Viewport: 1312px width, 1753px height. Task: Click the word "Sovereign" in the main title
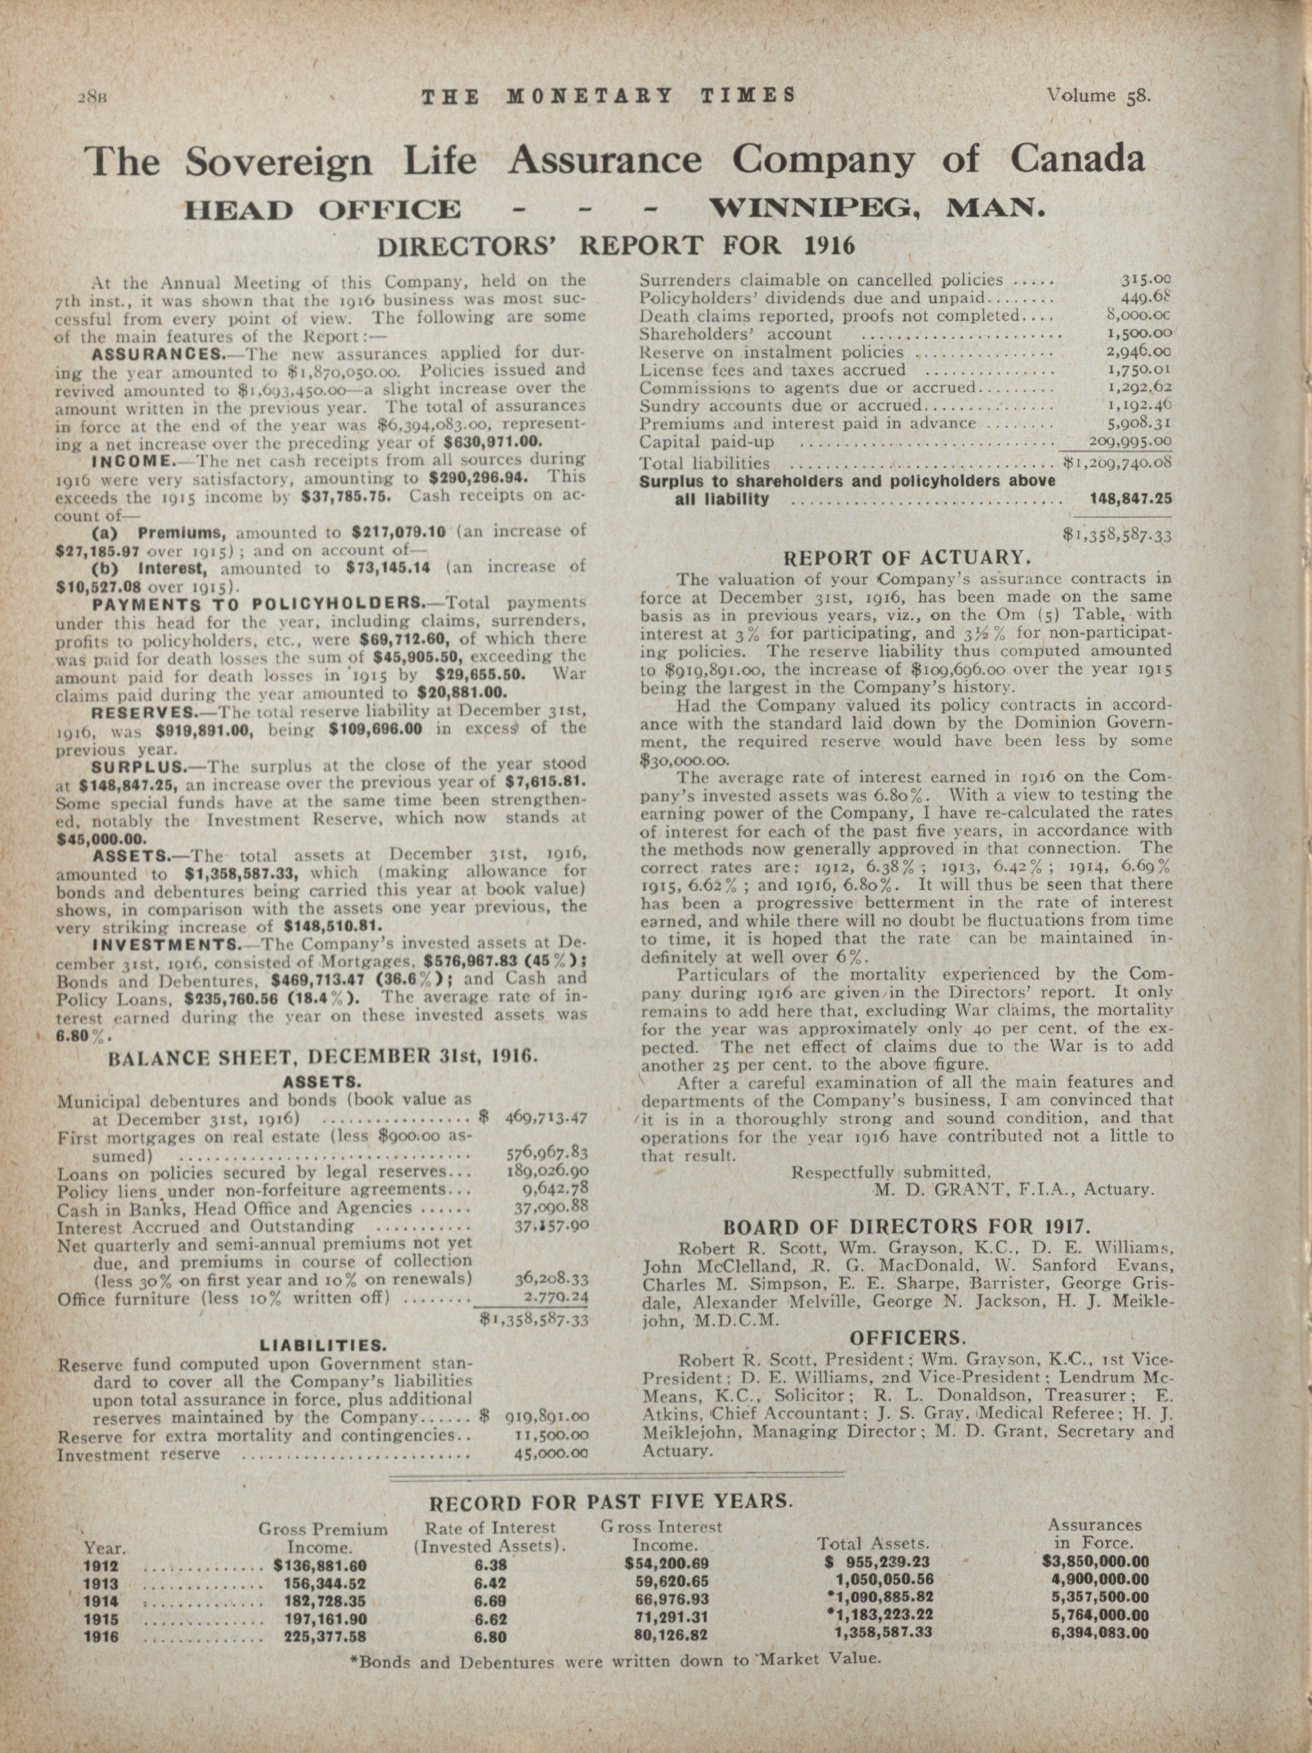(x=279, y=161)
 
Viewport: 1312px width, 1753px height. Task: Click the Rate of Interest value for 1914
(x=490, y=1599)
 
